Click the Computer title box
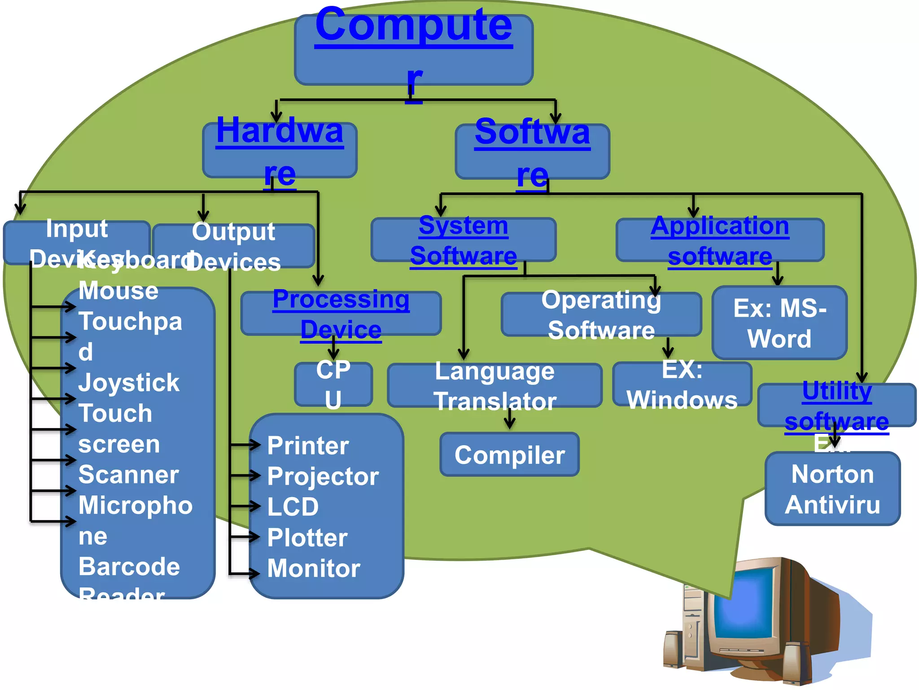413,49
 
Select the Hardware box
280,150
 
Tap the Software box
532,151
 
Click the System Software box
463,240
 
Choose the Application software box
720,240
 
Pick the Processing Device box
341,314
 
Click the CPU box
333,384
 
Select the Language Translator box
495,385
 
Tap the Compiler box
509,455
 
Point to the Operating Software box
601,314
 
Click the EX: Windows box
682,384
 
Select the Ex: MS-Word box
779,323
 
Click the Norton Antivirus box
832,489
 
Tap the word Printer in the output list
308,446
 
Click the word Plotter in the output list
307,538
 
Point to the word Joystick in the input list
129,383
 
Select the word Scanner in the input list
129,475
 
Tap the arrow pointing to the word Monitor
245,573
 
